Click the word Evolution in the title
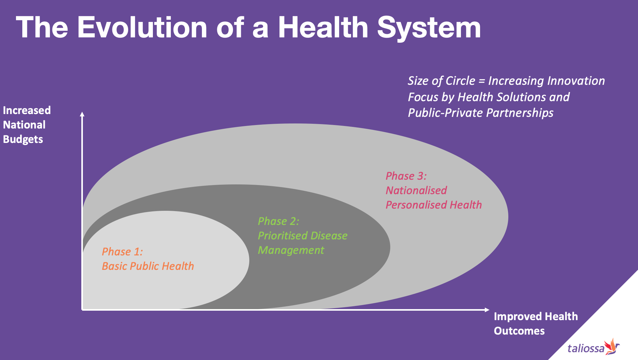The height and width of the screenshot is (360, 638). (x=142, y=28)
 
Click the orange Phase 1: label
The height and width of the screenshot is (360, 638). (x=122, y=252)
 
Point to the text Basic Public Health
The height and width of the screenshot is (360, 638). (x=148, y=266)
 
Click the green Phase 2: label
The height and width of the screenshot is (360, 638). (x=278, y=221)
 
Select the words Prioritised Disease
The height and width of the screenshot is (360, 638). (x=303, y=236)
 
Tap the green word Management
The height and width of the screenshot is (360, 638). (x=291, y=250)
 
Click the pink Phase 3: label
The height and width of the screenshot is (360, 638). (x=406, y=176)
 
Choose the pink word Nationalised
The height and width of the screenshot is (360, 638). (x=416, y=190)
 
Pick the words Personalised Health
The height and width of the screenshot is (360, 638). (x=434, y=205)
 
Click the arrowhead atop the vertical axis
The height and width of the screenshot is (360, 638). (x=82, y=114)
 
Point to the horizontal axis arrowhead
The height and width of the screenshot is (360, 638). (x=487, y=310)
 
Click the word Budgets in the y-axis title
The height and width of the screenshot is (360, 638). (x=23, y=139)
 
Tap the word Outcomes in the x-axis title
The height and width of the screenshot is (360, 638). (x=519, y=331)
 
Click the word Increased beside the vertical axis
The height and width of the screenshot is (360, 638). (x=27, y=110)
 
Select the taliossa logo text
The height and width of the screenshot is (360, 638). (x=586, y=348)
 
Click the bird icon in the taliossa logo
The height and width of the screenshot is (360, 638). (x=612, y=346)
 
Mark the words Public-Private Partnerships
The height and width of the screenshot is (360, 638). (x=480, y=113)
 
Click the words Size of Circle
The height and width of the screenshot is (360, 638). (x=441, y=81)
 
